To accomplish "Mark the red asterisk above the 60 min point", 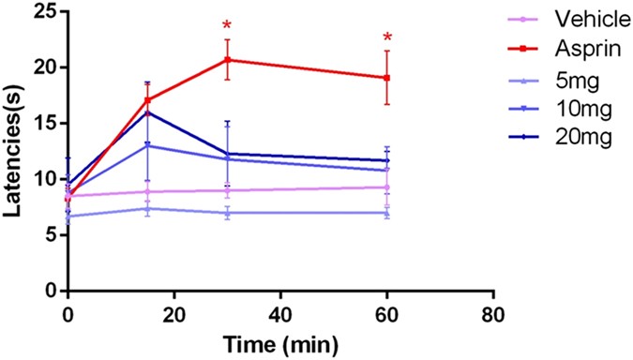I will tap(387, 38).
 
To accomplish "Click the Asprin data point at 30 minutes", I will tap(227, 60).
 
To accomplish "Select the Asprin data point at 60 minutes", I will tap(387, 78).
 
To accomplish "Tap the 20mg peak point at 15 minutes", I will tap(147, 112).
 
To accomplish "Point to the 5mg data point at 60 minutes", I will tap(387, 213).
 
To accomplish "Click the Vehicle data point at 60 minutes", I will tap(387, 187).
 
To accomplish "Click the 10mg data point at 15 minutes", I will tap(147, 145).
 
